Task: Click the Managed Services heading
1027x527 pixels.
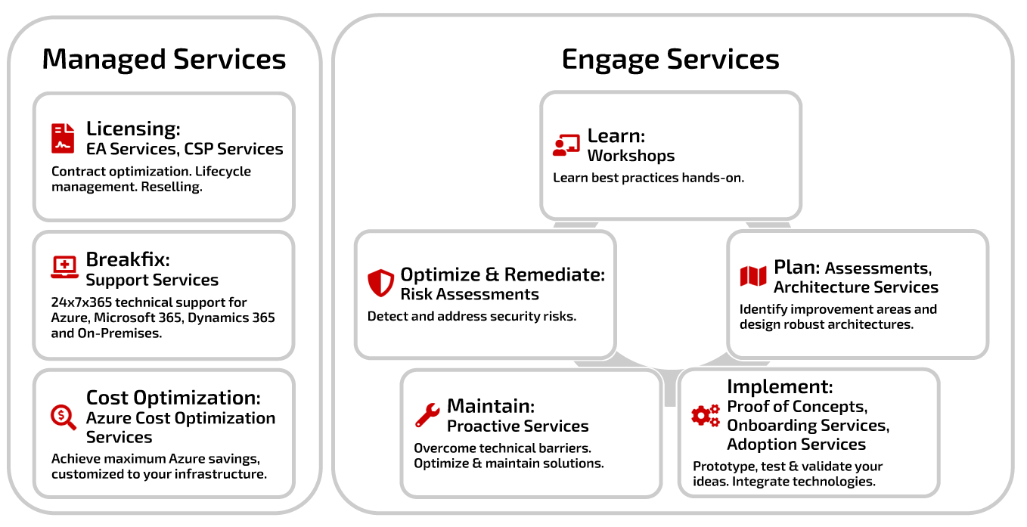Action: click(164, 60)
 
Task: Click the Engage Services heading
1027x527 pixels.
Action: click(670, 60)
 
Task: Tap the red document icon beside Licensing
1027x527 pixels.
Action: click(63, 138)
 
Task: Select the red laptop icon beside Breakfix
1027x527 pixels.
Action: click(64, 267)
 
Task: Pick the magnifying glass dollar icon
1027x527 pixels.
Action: click(64, 417)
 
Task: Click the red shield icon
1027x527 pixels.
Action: click(380, 283)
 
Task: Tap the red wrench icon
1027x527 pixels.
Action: click(427, 415)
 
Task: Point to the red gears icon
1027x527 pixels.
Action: click(706, 415)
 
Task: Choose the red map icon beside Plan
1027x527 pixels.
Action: click(753, 276)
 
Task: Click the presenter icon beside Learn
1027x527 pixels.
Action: click(566, 145)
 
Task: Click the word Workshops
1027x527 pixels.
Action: click(631, 156)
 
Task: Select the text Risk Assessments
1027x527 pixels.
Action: click(470, 294)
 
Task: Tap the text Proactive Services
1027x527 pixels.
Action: click(517, 426)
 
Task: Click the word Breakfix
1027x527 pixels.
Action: click(128, 259)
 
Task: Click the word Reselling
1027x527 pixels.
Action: click(172, 187)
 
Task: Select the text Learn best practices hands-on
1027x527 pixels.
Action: click(648, 178)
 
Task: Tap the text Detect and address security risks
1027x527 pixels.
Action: click(472, 316)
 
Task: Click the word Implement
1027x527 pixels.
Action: click(780, 387)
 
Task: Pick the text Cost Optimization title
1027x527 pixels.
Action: click(173, 398)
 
